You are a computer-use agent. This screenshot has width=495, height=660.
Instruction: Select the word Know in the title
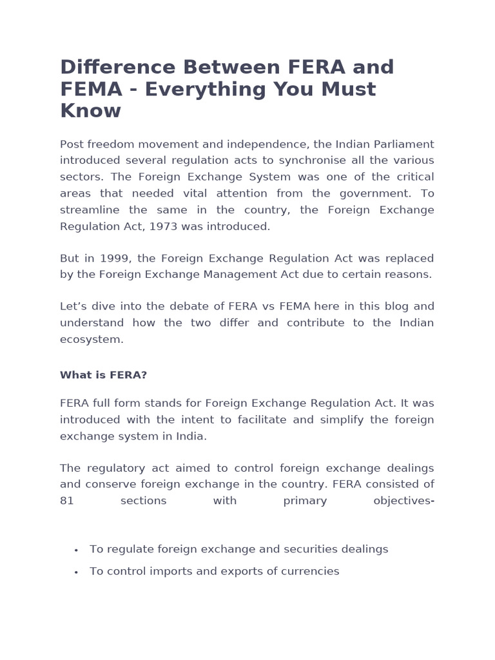coord(90,111)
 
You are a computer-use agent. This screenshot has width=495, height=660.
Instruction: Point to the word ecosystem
coord(91,340)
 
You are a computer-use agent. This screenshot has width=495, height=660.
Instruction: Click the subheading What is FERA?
coord(103,375)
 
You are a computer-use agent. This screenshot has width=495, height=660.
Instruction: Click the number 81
coord(67,501)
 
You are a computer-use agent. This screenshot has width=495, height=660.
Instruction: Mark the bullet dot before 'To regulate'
coord(76,550)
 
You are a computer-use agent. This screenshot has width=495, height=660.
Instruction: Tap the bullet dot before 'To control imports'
coord(76,572)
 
